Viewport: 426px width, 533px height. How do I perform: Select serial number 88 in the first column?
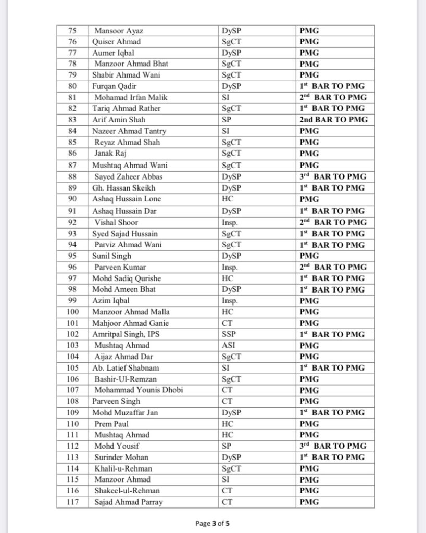72,176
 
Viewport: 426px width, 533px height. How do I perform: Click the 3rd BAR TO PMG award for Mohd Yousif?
333,446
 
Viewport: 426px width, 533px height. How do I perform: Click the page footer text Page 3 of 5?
213,523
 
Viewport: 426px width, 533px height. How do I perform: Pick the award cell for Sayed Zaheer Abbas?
333,176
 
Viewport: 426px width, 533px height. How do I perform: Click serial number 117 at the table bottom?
72,502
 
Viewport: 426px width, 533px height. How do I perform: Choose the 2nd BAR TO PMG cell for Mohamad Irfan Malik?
333,97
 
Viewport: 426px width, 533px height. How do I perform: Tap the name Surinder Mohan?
121,458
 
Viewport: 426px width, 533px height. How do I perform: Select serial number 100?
72,312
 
